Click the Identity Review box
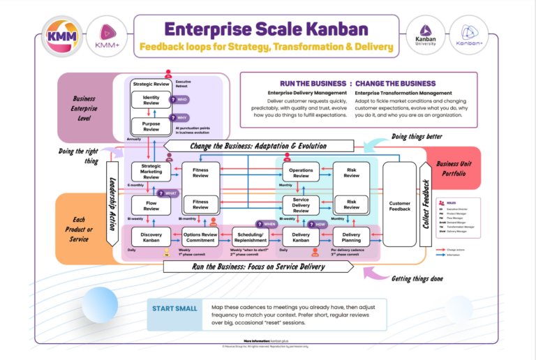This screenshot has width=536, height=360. tap(151, 99)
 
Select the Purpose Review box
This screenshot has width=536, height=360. tap(151, 126)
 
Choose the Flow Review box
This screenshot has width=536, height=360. tap(151, 204)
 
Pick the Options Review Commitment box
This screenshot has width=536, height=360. tap(200, 239)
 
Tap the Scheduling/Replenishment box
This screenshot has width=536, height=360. tap(250, 239)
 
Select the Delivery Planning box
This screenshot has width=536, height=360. tap(351, 239)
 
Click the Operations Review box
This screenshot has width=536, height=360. tap(301, 172)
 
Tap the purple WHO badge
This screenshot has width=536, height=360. tap(179, 100)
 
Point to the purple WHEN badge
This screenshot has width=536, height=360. tap(266, 225)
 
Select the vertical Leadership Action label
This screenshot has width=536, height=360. tap(112, 203)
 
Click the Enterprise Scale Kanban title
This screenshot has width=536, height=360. tap(266, 30)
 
